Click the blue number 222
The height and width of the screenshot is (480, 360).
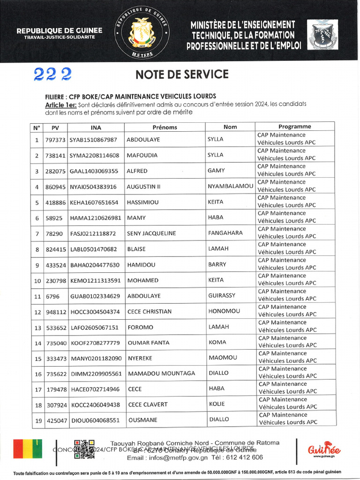(52, 74)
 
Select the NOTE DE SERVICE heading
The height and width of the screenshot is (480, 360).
(182, 75)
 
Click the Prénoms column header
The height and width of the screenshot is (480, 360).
(165, 127)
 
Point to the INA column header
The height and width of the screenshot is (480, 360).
(96, 127)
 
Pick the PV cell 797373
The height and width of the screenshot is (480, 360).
(55, 140)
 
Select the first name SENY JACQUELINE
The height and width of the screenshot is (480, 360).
(151, 233)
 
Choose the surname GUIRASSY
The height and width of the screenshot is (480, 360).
(222, 296)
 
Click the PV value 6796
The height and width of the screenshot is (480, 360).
(52, 296)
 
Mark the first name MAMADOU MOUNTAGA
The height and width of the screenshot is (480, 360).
(161, 374)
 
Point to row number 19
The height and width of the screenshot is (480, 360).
(37, 421)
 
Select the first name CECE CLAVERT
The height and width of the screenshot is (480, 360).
(148, 405)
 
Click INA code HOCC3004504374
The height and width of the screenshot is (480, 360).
(95, 312)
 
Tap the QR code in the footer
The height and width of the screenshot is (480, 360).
(84, 449)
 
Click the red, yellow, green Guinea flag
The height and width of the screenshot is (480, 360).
(28, 449)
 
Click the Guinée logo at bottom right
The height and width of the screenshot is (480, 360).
(324, 450)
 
